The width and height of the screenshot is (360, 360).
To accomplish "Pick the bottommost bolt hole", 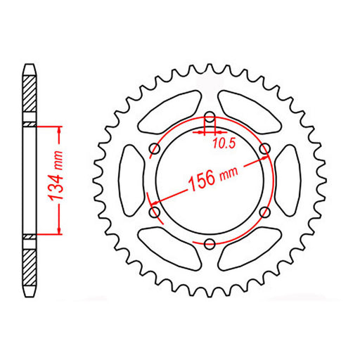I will [x=209, y=243].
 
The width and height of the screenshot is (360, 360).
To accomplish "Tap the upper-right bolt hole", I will [x=264, y=148].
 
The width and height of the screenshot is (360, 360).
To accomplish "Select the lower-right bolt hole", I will [x=264, y=212].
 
